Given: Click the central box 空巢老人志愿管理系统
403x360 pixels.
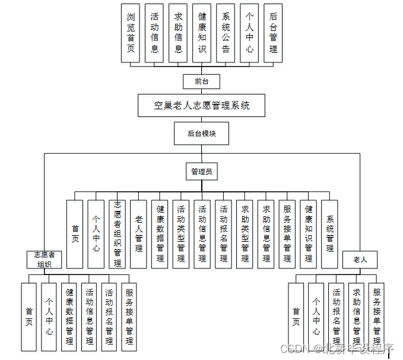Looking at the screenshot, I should coord(202,106).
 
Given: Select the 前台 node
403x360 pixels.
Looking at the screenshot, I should coord(202,81).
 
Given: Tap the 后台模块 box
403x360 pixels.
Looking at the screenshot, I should coord(201,134).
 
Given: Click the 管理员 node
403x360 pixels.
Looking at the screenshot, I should coord(201,172).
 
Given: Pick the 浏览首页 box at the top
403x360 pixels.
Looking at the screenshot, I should coord(131,33).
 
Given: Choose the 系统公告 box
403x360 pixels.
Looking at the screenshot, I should coord(226,33).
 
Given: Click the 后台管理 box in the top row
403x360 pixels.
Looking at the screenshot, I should coord(273,33).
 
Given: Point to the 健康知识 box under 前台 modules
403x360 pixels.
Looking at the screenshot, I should coord(202,33).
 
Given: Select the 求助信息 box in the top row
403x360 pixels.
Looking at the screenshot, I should coord(178,33).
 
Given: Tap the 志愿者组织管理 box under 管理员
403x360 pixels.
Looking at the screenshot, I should coord(117,233).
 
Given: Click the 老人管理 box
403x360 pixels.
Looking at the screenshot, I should coord(138,233).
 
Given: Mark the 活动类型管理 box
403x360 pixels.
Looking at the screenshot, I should coord(180,233).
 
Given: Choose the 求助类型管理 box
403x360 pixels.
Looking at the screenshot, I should coord(245,233).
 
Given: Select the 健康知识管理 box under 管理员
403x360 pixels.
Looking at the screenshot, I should coord(308,233).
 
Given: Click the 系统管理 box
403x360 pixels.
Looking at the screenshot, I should coord(329,233).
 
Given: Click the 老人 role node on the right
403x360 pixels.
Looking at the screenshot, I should coord(360,260).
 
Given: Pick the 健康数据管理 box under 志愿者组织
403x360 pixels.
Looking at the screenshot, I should coord(69,316).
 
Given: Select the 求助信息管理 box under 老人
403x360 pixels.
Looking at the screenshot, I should coord(356,316).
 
